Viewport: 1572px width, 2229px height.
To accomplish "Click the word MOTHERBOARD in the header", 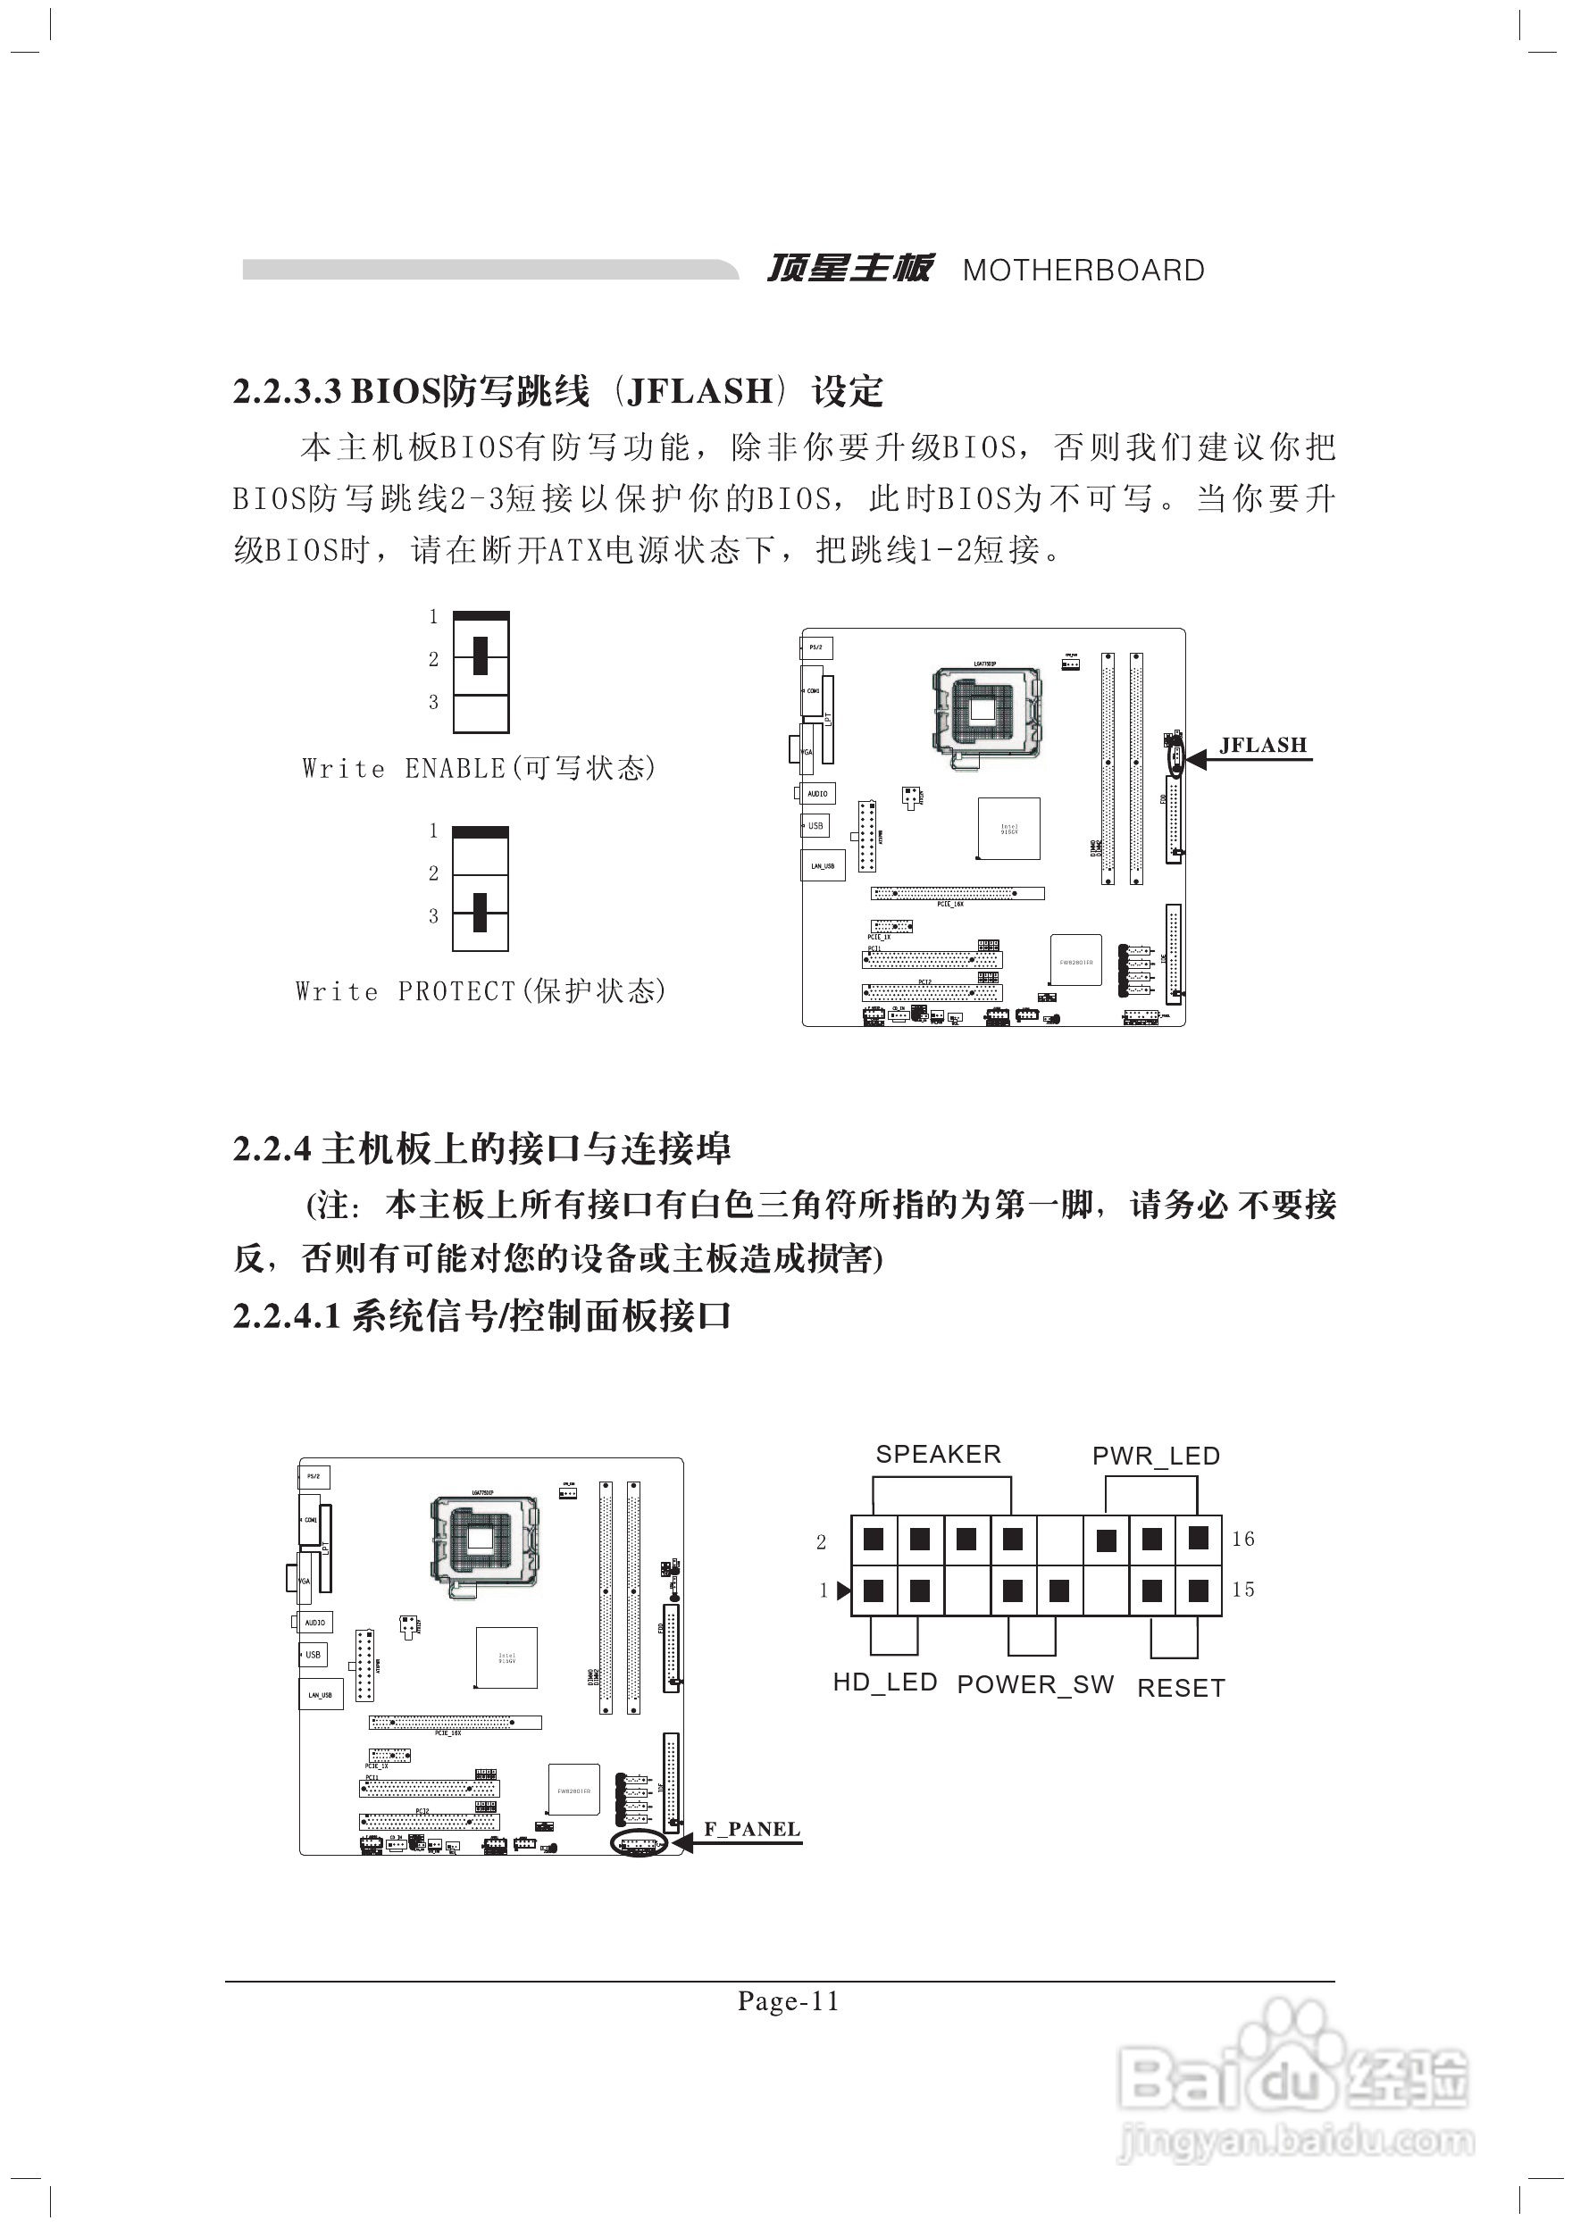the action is pyautogui.click(x=1083, y=271).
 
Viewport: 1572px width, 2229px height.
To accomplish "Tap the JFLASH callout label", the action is pyautogui.click(x=1262, y=745).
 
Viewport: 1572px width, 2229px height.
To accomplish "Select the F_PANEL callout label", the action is pyautogui.click(x=751, y=1829).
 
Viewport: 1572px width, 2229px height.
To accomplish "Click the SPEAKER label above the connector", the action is pyautogui.click(x=938, y=1454).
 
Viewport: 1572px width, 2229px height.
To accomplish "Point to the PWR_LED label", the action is pyautogui.click(x=1156, y=1457).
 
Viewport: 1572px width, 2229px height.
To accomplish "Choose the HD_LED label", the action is pyautogui.click(x=884, y=1682).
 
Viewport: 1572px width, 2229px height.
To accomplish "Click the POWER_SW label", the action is pyautogui.click(x=1035, y=1684).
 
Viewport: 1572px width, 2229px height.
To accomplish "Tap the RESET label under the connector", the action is pyautogui.click(x=1181, y=1688).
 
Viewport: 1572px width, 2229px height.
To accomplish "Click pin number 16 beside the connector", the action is pyautogui.click(x=1242, y=1539).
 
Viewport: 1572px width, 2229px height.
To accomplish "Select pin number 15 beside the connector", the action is pyautogui.click(x=1242, y=1590).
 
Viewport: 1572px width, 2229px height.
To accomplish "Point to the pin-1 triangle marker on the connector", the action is pyautogui.click(x=844, y=1590).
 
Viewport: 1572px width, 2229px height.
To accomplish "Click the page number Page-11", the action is pyautogui.click(x=788, y=2001).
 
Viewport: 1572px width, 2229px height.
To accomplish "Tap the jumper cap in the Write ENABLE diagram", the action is pyautogui.click(x=480, y=656).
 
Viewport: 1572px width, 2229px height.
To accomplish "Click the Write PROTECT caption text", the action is pyautogui.click(x=481, y=991).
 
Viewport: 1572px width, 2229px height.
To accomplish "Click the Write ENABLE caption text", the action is pyautogui.click(x=479, y=768).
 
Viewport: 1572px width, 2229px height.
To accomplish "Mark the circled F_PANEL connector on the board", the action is pyautogui.click(x=638, y=1842).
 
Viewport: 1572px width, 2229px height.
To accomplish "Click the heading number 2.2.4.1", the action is pyautogui.click(x=287, y=1316).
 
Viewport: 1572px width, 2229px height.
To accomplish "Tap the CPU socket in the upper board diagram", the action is pyautogui.click(x=984, y=711).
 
